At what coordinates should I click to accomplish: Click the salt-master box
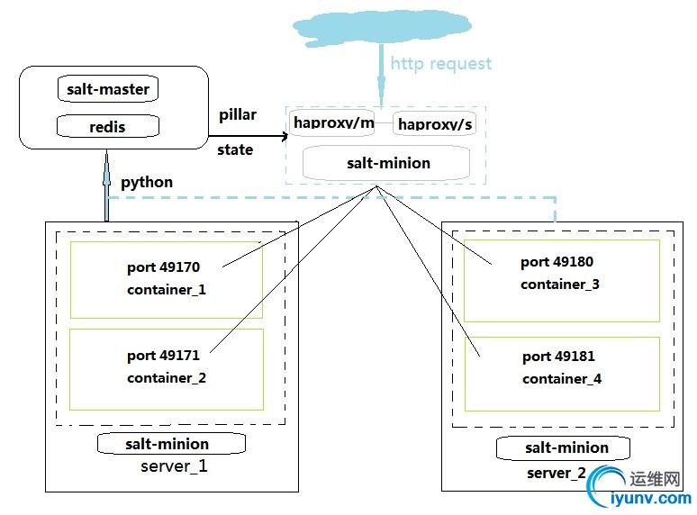click(x=107, y=89)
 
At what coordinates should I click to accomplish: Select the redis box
click(x=107, y=127)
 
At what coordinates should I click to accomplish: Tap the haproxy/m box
click(x=333, y=122)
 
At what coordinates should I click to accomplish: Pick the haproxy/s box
click(x=434, y=123)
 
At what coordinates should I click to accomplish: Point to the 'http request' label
click(x=441, y=63)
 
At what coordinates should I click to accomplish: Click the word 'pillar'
click(x=238, y=115)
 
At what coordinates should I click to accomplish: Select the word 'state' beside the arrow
click(x=235, y=149)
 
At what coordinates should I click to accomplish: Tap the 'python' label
click(x=147, y=182)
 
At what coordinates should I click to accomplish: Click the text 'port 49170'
click(x=163, y=267)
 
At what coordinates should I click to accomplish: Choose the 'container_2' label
click(x=167, y=378)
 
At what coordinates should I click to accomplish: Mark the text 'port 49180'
click(x=557, y=262)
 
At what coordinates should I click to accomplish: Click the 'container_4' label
click(x=562, y=379)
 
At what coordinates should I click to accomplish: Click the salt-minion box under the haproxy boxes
click(x=388, y=163)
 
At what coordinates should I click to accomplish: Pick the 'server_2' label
click(x=556, y=473)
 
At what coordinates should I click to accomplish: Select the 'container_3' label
click(x=560, y=285)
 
